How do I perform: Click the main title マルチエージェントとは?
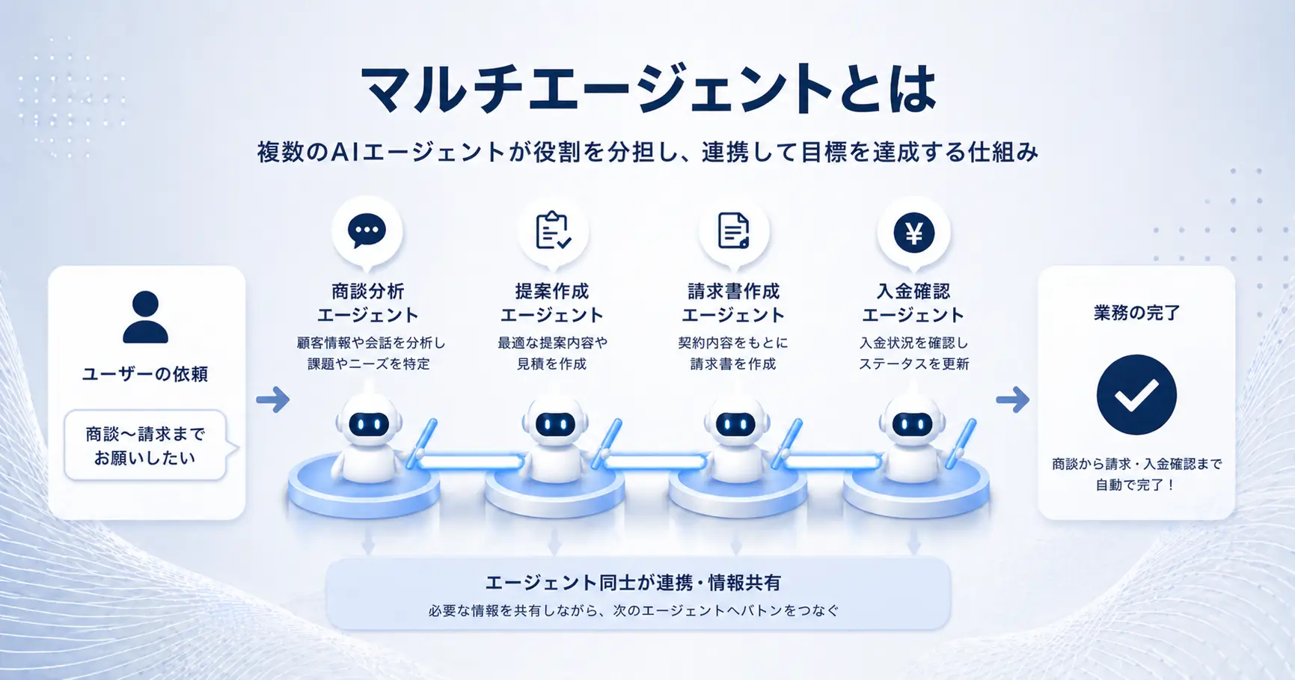[x=648, y=89]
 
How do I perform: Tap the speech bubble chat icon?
[x=367, y=230]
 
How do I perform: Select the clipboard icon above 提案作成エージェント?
[x=553, y=230]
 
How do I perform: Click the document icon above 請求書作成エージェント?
[x=733, y=230]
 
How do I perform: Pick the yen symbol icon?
[x=913, y=233]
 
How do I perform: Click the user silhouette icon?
[x=145, y=317]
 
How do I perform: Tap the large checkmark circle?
[x=1136, y=395]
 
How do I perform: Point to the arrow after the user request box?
[x=273, y=399]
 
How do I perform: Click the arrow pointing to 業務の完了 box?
[x=1013, y=399]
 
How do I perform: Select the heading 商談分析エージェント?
[x=367, y=303]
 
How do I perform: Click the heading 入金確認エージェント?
[x=913, y=303]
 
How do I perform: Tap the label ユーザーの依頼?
[x=145, y=374]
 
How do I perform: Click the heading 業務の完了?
[x=1136, y=313]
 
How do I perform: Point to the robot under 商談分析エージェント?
[x=368, y=438]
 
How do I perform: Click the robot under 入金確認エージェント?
[x=913, y=438]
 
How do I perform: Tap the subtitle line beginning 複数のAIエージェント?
[x=648, y=152]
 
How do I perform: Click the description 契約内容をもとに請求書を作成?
[x=733, y=353]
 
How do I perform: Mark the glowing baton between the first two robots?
[x=470, y=462]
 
